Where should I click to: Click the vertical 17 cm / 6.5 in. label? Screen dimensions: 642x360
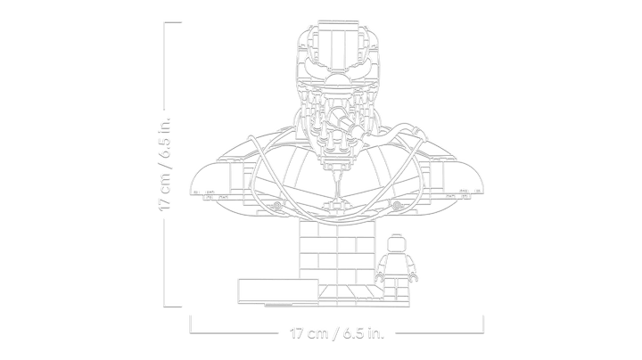coord(165,164)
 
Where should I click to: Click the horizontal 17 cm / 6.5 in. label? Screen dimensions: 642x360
coord(337,333)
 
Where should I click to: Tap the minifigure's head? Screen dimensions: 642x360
coord(396,244)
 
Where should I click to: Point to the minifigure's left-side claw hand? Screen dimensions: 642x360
coord(380,278)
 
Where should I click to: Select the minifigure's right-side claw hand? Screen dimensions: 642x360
coord(414,278)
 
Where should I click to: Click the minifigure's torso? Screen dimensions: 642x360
coord(396,265)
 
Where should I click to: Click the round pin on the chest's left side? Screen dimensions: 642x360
coord(277,205)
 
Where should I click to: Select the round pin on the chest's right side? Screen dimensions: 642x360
coord(396,205)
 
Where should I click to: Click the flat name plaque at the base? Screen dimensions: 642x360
coord(278,291)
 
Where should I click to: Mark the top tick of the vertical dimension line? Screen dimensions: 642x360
coord(172,23)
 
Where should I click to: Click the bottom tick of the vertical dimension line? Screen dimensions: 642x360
coord(172,306)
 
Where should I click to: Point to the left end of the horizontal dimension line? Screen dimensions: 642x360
coord(190,324)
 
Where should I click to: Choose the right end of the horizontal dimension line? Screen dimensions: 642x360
coord(483,324)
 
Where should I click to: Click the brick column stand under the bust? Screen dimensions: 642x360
coord(337,252)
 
